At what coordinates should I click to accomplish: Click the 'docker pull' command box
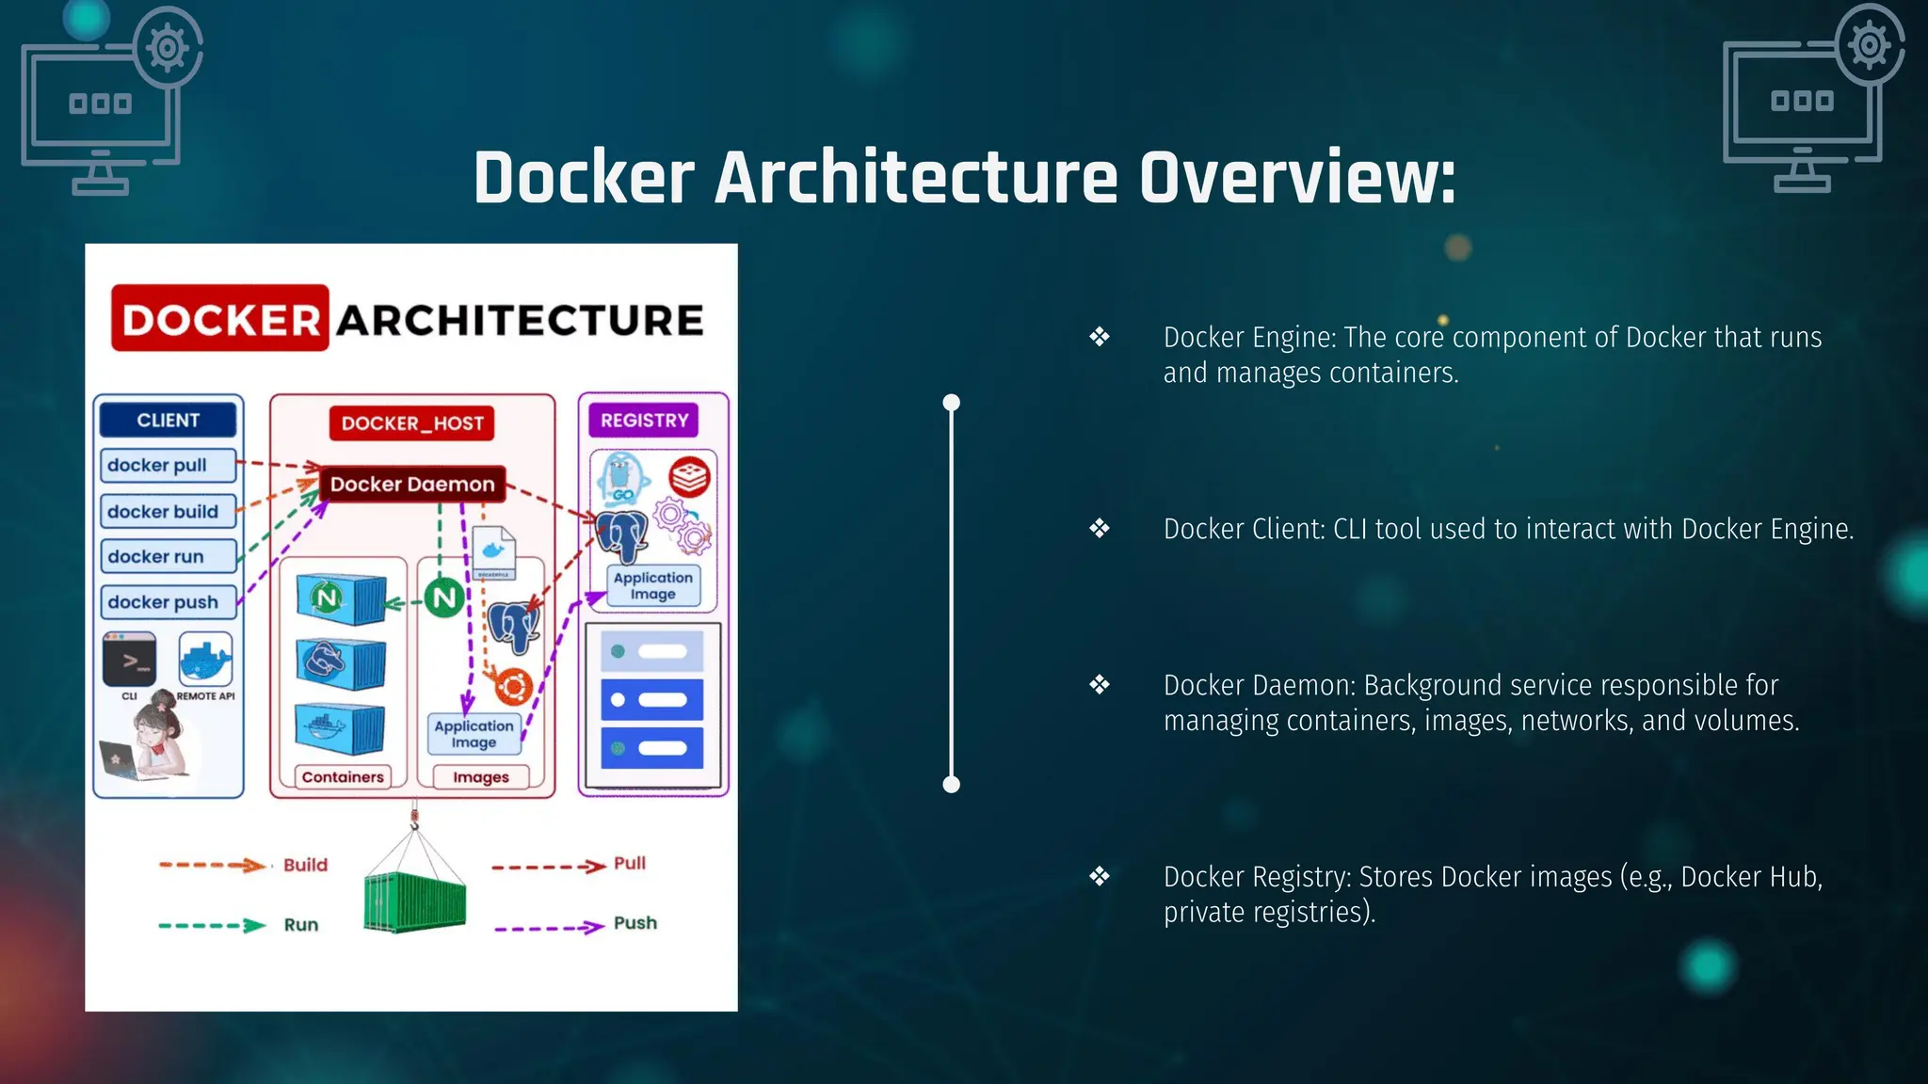coord(168,466)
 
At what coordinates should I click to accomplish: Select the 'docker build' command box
coord(168,512)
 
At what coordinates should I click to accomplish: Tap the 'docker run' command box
coord(168,557)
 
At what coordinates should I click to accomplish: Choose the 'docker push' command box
coord(168,602)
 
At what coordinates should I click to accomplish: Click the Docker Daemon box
coord(412,485)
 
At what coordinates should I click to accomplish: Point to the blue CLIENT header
coord(169,421)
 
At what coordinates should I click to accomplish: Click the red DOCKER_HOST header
coord(412,423)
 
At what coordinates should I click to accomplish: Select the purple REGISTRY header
coord(644,421)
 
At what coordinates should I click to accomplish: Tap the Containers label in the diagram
coord(343,777)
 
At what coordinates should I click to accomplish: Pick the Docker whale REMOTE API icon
coord(205,660)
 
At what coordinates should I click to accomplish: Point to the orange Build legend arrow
coord(213,865)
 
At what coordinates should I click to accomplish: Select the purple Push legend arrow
coord(549,928)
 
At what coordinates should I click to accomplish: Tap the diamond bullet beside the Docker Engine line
coord(1100,337)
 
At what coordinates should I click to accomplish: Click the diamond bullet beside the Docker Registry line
coord(1100,877)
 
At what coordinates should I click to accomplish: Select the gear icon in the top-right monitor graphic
coord(1870,44)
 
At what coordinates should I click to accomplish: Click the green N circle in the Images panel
coord(444,598)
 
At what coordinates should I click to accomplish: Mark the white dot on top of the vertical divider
coord(952,403)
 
